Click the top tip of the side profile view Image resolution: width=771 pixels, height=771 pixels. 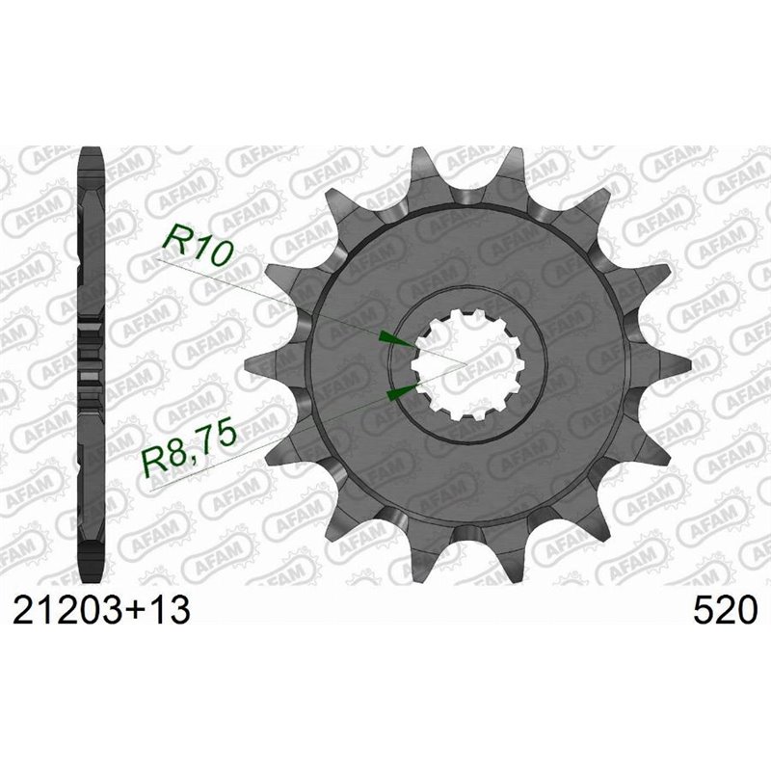[x=92, y=152]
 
